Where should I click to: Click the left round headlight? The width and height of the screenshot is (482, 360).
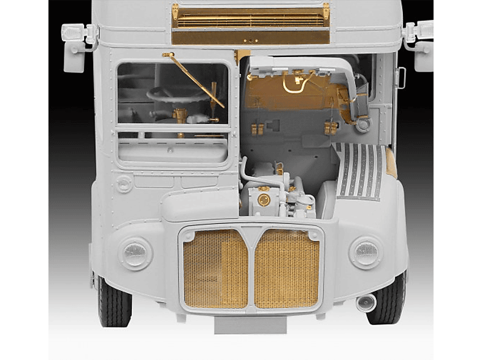[136, 253]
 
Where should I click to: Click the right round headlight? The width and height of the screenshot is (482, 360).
[366, 253]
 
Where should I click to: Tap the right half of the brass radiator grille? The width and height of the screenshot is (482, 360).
[286, 268]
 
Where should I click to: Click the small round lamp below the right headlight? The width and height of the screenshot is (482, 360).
[365, 302]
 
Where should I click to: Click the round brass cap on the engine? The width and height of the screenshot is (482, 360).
[264, 199]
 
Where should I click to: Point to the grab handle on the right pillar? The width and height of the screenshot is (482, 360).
[401, 77]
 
